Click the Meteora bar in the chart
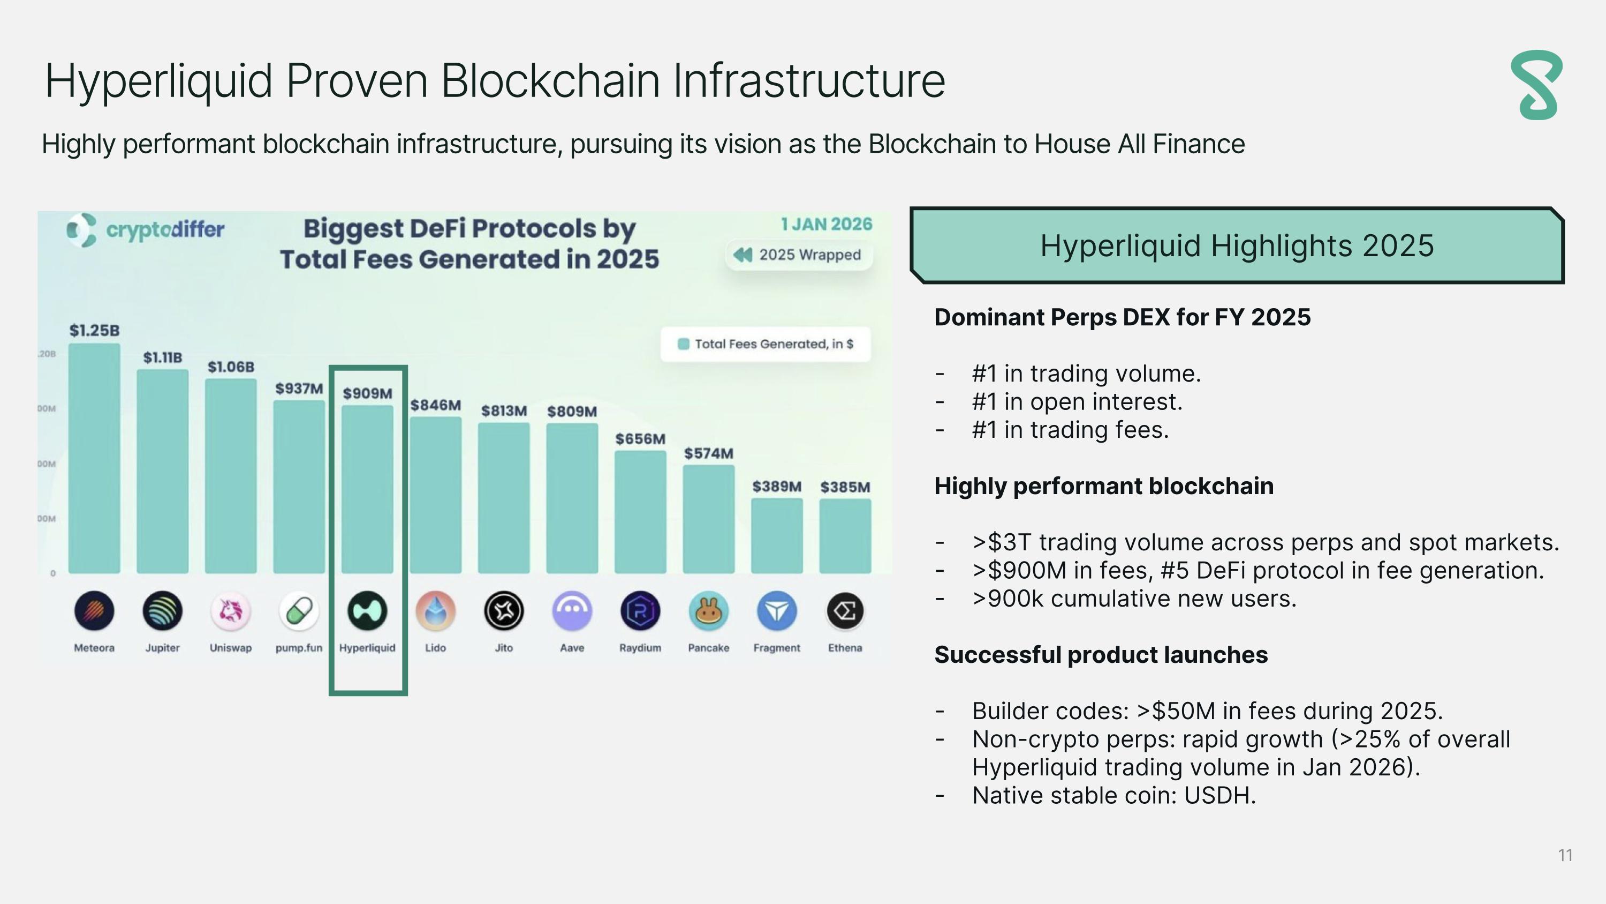click(94, 459)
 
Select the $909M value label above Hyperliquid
click(367, 394)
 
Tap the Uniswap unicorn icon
click(231, 611)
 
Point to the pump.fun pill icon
click(299, 611)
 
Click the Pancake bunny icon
click(708, 611)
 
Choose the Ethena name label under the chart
click(845, 647)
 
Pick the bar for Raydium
click(640, 512)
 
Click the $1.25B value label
click(94, 331)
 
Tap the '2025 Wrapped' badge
click(799, 255)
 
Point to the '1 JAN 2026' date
click(827, 224)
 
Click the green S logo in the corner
click(1537, 86)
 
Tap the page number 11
click(1565, 855)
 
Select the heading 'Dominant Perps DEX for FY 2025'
click(1122, 317)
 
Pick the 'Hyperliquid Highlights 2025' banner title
click(1237, 245)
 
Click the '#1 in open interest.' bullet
click(1077, 402)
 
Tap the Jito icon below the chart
click(504, 611)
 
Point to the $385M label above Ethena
click(845, 487)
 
